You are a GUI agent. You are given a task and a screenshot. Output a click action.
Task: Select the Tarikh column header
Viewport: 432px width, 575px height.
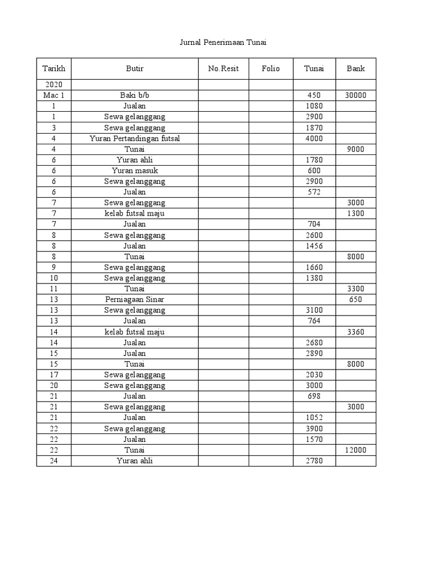coord(53,69)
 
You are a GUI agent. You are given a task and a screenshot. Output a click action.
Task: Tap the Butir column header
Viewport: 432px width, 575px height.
coord(134,69)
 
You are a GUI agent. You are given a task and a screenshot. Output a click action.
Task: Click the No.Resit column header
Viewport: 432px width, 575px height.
coord(223,69)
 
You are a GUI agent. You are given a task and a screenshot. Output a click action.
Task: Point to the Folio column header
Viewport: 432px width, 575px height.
coord(271,69)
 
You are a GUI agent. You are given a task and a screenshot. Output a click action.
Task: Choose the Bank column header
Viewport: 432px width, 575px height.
coord(355,69)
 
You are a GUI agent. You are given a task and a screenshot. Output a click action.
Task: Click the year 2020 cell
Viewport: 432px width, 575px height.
coord(53,85)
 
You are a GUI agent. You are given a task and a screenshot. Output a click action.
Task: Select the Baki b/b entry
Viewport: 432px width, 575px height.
coord(134,95)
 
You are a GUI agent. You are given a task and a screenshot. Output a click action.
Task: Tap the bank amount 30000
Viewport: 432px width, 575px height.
coord(355,95)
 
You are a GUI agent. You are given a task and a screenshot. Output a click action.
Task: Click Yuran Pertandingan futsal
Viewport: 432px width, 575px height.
coord(134,138)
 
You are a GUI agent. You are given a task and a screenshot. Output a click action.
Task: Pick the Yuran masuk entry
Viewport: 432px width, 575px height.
coord(134,171)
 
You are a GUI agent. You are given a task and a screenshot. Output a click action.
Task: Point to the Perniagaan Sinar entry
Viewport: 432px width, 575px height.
coord(134,299)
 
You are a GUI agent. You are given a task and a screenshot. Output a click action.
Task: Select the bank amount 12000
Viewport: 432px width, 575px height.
coord(355,450)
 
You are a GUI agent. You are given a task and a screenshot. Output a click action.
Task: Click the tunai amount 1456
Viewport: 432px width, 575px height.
coord(314,246)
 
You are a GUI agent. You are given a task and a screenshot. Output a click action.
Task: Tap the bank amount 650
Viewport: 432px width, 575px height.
coord(355,299)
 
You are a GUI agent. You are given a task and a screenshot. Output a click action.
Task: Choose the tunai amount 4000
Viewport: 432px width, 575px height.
coord(314,138)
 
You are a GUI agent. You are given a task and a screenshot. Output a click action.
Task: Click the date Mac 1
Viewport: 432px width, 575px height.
coord(53,95)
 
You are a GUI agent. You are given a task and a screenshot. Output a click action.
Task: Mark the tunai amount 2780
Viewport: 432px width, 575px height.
coord(314,460)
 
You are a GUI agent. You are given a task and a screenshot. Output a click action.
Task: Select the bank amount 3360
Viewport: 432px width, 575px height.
coord(355,332)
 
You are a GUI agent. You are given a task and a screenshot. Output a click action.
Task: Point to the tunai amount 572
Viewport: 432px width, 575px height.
coord(314,192)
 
